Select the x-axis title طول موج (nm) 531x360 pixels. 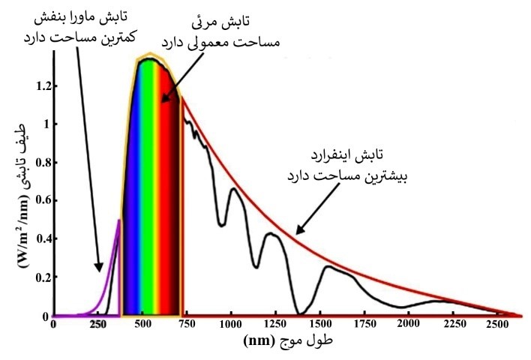point(289,341)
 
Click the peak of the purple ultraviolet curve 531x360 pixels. point(118,220)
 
